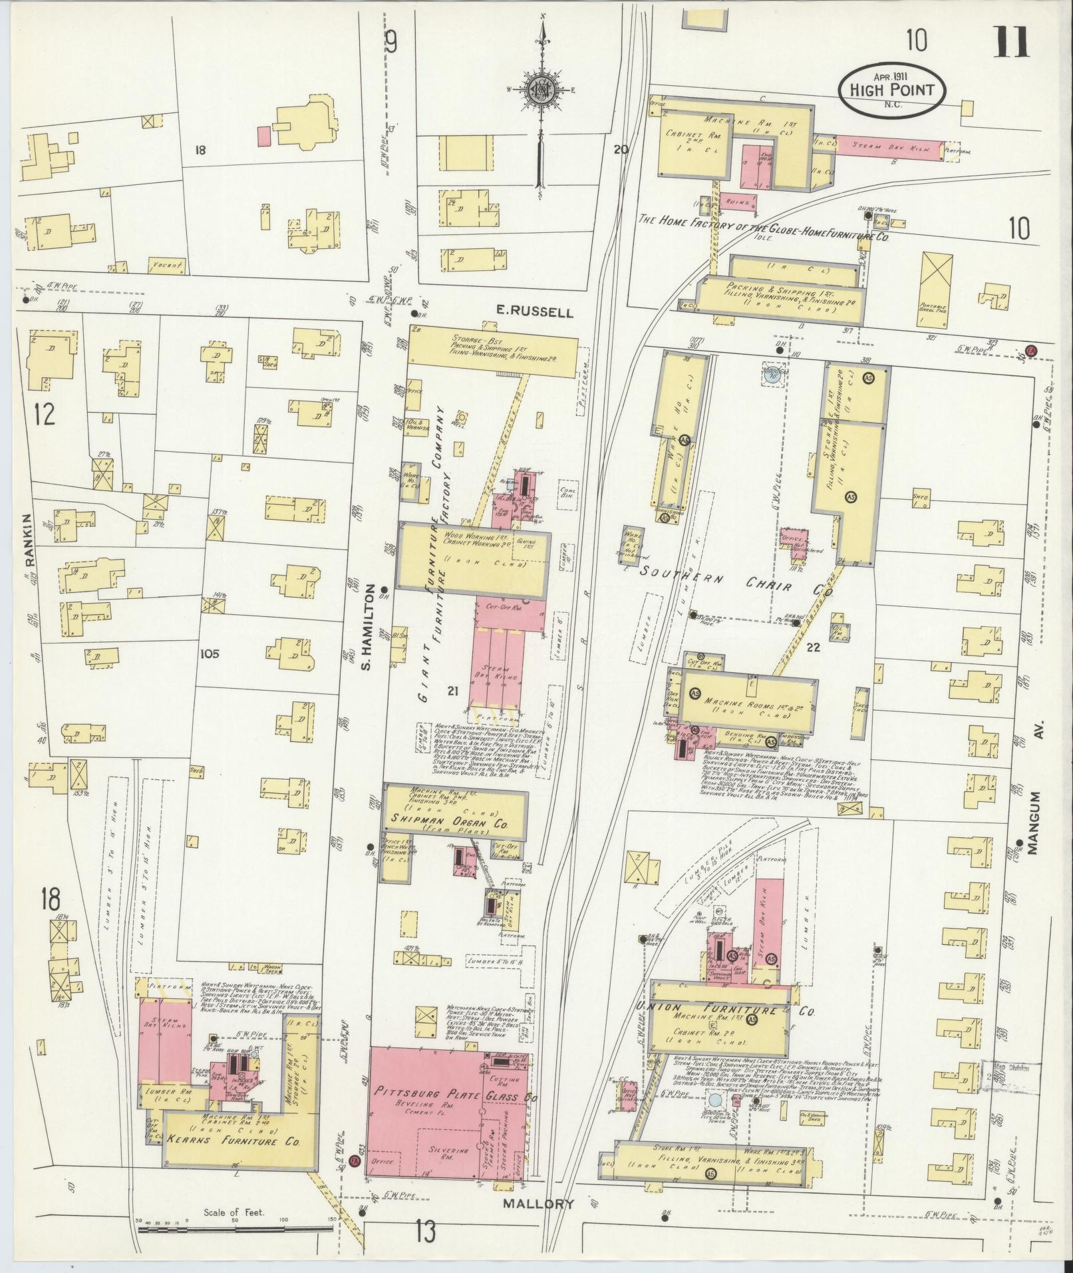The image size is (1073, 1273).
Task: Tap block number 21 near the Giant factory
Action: tap(454, 692)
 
